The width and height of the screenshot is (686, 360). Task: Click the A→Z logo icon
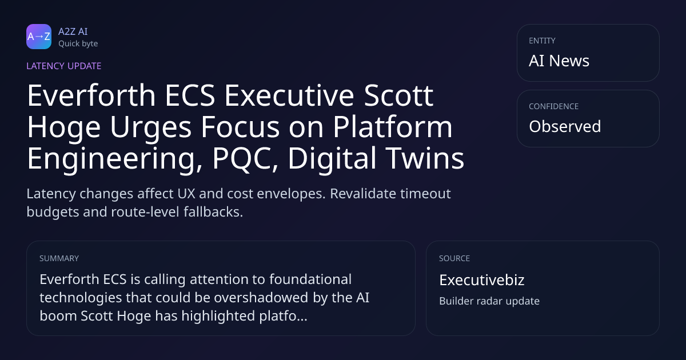39,37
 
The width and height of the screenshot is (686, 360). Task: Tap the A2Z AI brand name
73,31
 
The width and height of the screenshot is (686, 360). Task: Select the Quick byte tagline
78,44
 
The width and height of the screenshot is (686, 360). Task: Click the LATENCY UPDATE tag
63,66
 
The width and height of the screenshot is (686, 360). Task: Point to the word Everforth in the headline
91,95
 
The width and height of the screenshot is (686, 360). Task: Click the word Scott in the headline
398,95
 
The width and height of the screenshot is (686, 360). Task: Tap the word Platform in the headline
393,127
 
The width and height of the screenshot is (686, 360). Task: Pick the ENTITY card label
542,41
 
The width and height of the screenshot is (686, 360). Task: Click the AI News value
559,61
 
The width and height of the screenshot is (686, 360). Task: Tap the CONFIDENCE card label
554,106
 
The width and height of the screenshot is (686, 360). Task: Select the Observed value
565,126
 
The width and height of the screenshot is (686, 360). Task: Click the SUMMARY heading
59,258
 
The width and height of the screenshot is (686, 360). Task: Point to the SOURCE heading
454,258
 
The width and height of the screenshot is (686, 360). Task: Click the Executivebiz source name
482,280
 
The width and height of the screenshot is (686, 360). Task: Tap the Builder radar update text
489,301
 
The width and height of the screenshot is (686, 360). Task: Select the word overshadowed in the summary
261,298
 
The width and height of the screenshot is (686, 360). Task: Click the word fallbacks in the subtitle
213,212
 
